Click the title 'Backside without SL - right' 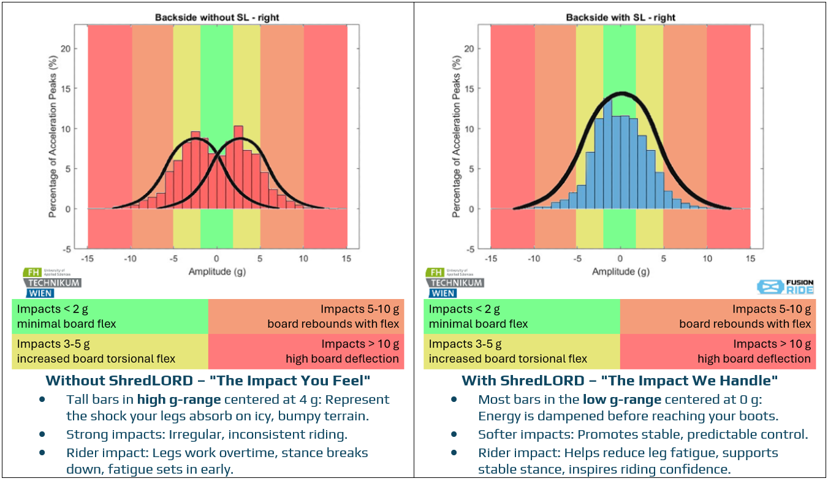tap(217, 17)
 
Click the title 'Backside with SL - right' tap(620, 17)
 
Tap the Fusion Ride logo tap(785, 286)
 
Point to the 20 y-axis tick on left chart tap(70, 48)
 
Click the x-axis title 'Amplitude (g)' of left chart tap(217, 271)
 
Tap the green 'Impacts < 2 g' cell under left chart tap(110, 316)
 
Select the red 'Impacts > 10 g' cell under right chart tap(718, 351)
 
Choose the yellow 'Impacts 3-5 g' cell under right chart tap(522, 351)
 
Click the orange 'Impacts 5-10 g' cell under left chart tap(306, 316)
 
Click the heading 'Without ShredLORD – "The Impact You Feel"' tap(208, 381)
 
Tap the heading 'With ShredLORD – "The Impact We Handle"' tap(620, 381)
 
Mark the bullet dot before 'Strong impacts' tap(42, 434)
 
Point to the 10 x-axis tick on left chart tap(303, 259)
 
